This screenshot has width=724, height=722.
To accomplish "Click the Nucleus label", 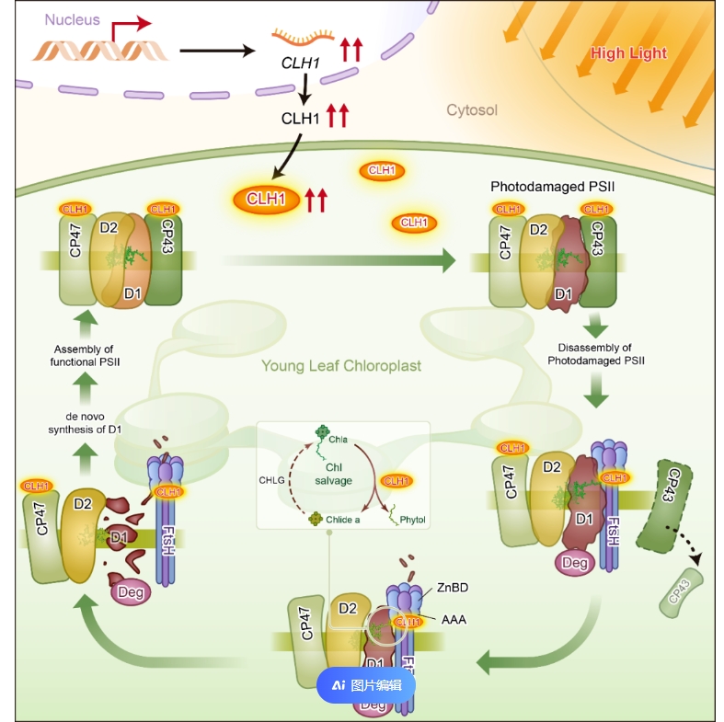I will click(x=72, y=19).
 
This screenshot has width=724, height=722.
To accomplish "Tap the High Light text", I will click(x=628, y=53).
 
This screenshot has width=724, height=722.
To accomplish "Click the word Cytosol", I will click(x=472, y=110).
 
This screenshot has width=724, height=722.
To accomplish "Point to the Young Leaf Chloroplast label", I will click(x=341, y=366).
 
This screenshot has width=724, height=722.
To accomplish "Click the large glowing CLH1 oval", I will click(x=267, y=198).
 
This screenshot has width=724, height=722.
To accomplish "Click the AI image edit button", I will click(x=366, y=684).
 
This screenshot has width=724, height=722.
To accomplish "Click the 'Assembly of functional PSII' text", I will click(x=83, y=355).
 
